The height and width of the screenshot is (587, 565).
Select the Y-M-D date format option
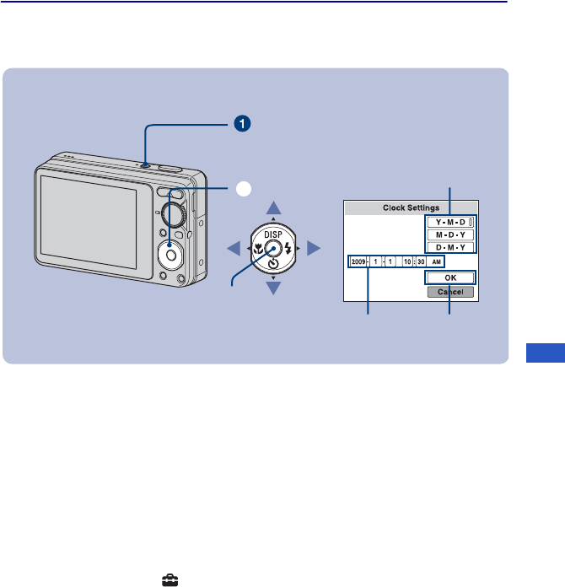pyautogui.click(x=450, y=222)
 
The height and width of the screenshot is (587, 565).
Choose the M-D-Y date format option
pyautogui.click(x=450, y=234)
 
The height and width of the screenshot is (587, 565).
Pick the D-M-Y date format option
pyautogui.click(x=450, y=247)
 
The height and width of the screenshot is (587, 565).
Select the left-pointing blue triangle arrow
pyautogui.click(x=233, y=248)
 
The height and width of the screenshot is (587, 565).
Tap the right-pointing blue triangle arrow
pyautogui.click(x=314, y=248)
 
